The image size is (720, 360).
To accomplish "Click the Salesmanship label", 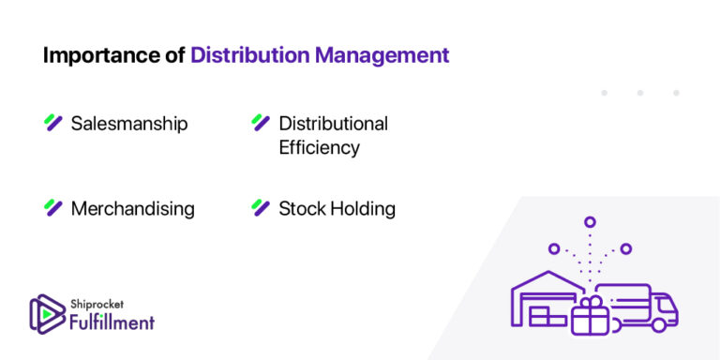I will pyautogui.click(x=129, y=124).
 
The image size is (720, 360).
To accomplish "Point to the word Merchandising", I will pyautogui.click(x=132, y=208).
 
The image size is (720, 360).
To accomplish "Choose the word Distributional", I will pyautogui.click(x=333, y=124).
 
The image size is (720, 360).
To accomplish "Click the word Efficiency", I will pyautogui.click(x=319, y=148).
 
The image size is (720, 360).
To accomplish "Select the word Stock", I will pyautogui.click(x=303, y=208).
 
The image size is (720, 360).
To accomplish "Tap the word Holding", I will pyautogui.click(x=365, y=208).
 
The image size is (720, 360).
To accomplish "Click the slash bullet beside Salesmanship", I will pyautogui.click(x=53, y=123).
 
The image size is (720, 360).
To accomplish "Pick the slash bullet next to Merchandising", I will pyautogui.click(x=53, y=207).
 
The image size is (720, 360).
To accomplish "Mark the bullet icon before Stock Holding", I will pyautogui.click(x=261, y=207).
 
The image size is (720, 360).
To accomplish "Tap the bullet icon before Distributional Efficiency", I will pyautogui.click(x=261, y=123).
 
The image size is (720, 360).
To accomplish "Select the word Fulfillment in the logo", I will pyautogui.click(x=112, y=322).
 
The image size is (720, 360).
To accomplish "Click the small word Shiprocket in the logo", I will pyautogui.click(x=96, y=303).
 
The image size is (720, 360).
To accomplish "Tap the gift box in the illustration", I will pyautogui.click(x=590, y=316).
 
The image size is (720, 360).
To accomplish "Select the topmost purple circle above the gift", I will pyautogui.click(x=590, y=222).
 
